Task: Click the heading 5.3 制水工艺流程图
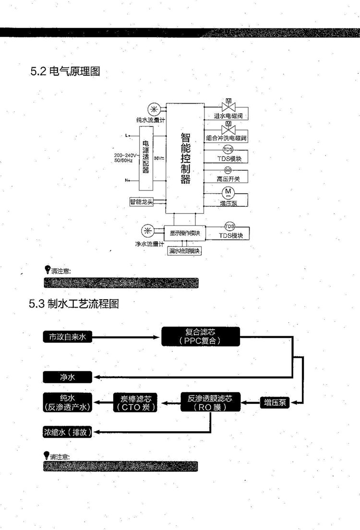(x=73, y=304)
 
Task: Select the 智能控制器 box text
(x=185, y=158)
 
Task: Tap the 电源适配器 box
(x=145, y=157)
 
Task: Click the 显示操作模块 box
(x=185, y=233)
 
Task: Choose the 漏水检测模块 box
(x=184, y=251)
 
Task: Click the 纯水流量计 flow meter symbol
(x=154, y=108)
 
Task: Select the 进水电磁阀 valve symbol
(x=228, y=105)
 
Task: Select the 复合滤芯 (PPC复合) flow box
(x=201, y=336)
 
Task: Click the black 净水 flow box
(x=67, y=377)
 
